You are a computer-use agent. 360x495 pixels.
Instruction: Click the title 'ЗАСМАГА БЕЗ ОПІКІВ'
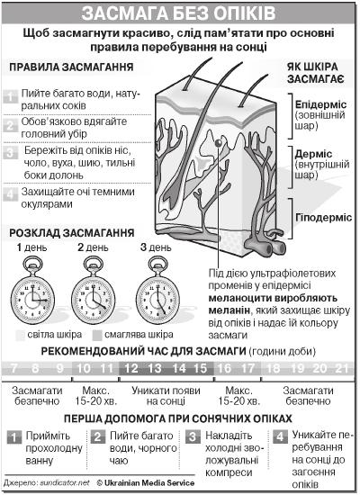click(178, 13)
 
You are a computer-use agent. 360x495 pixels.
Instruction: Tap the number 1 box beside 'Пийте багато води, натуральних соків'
click(11, 97)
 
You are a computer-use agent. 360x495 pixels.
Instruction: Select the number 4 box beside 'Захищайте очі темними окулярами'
click(11, 194)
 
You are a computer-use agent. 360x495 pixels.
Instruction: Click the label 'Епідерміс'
click(320, 104)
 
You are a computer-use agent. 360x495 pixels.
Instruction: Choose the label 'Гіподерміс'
click(323, 218)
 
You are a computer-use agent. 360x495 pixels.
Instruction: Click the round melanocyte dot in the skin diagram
click(218, 143)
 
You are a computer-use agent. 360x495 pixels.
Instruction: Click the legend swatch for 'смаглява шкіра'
click(97, 336)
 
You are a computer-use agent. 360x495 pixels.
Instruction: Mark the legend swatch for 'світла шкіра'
click(20, 336)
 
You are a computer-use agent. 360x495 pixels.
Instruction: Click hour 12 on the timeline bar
click(131, 368)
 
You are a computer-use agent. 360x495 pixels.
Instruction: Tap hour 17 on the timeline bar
click(247, 368)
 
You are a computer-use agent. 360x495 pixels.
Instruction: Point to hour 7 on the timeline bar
click(13, 368)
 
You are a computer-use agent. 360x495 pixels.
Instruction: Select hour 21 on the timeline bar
click(342, 368)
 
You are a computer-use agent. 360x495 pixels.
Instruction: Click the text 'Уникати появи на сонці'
click(166, 396)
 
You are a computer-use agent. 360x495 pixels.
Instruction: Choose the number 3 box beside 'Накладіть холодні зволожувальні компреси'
click(193, 437)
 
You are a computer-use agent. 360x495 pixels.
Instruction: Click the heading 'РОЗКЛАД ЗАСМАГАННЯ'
click(72, 233)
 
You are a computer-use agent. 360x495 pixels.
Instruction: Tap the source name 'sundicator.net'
click(65, 483)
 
